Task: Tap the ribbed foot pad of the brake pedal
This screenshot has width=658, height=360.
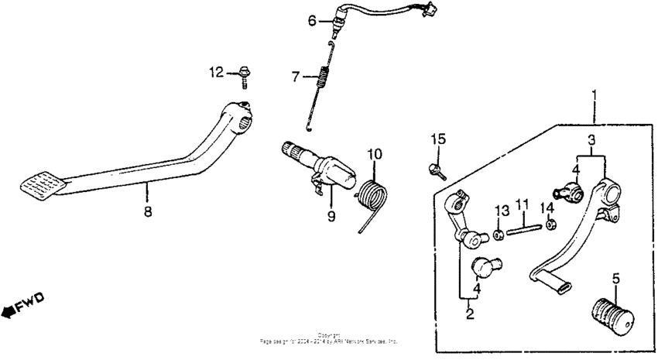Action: click(42, 185)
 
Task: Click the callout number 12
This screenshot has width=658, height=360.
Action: click(215, 73)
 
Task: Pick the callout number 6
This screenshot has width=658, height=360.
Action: click(313, 21)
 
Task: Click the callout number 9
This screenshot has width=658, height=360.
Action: click(331, 218)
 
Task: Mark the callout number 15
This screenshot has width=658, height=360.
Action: click(438, 139)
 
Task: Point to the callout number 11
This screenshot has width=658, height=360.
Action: click(523, 205)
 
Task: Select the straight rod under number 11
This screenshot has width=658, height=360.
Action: click(524, 225)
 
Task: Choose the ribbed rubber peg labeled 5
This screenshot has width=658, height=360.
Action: click(612, 312)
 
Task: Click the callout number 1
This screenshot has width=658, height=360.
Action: click(595, 96)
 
